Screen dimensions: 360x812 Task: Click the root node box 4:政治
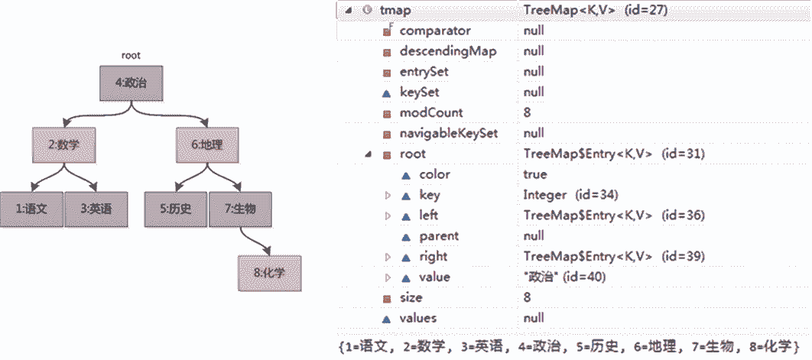(132, 83)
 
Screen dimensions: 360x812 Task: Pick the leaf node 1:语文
(31, 208)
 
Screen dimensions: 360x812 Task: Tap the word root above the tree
(131, 55)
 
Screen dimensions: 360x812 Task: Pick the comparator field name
(435, 31)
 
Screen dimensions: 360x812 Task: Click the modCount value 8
(528, 113)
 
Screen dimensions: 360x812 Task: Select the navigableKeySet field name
(449, 134)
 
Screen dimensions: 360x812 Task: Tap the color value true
(535, 174)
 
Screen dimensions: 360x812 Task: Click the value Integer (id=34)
(570, 195)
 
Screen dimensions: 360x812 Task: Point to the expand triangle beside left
(388, 216)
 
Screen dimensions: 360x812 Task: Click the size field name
(411, 298)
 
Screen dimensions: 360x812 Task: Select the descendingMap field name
(447, 52)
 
